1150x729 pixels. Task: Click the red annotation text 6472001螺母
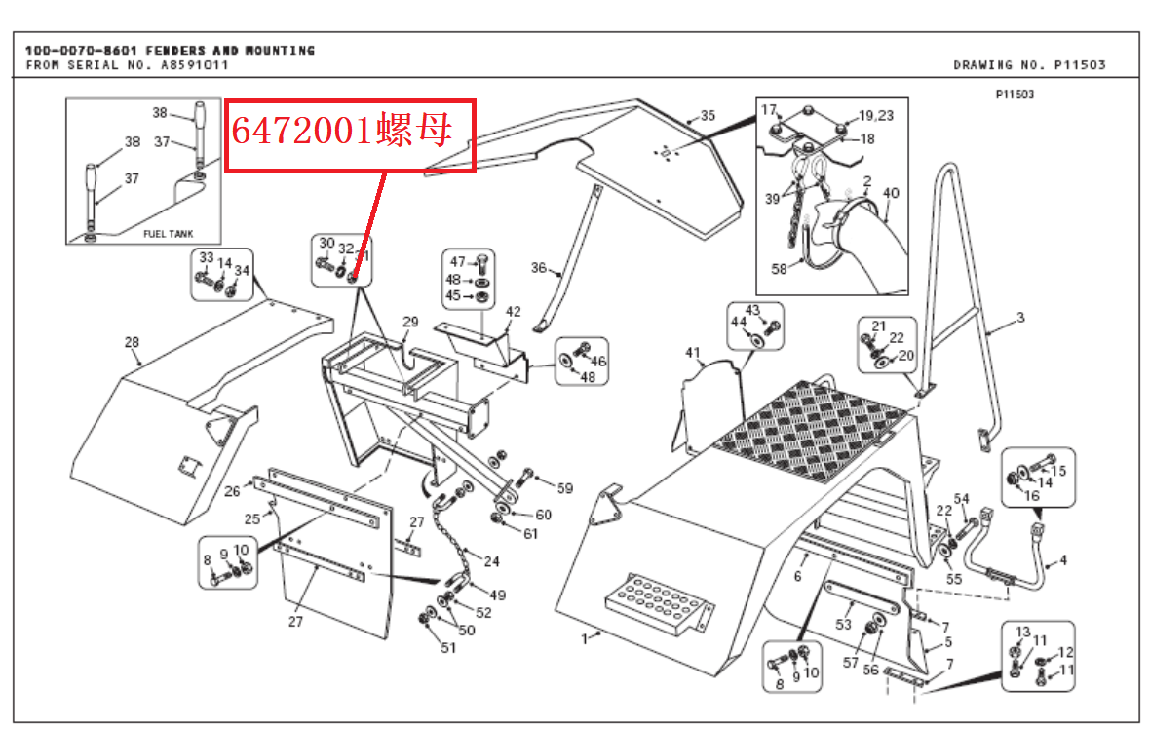[x=341, y=132]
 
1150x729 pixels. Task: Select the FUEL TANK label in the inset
[x=169, y=234]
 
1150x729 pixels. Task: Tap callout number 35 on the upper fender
[x=708, y=115]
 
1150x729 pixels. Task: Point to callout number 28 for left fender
[x=132, y=342]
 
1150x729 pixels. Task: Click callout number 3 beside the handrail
[x=1020, y=317]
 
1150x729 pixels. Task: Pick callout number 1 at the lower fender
[x=585, y=638]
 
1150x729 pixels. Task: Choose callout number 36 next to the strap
[x=539, y=268]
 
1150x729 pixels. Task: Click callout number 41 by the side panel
[x=693, y=352]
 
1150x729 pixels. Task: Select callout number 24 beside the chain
[x=491, y=561]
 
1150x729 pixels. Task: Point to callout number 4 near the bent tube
[x=1062, y=560]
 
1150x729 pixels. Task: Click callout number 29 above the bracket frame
[x=409, y=322]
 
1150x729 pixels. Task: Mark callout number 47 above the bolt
[x=457, y=261]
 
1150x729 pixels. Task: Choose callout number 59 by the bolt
[x=565, y=488]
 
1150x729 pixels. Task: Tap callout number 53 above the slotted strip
[x=843, y=624]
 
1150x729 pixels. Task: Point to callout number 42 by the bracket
[x=514, y=312]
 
